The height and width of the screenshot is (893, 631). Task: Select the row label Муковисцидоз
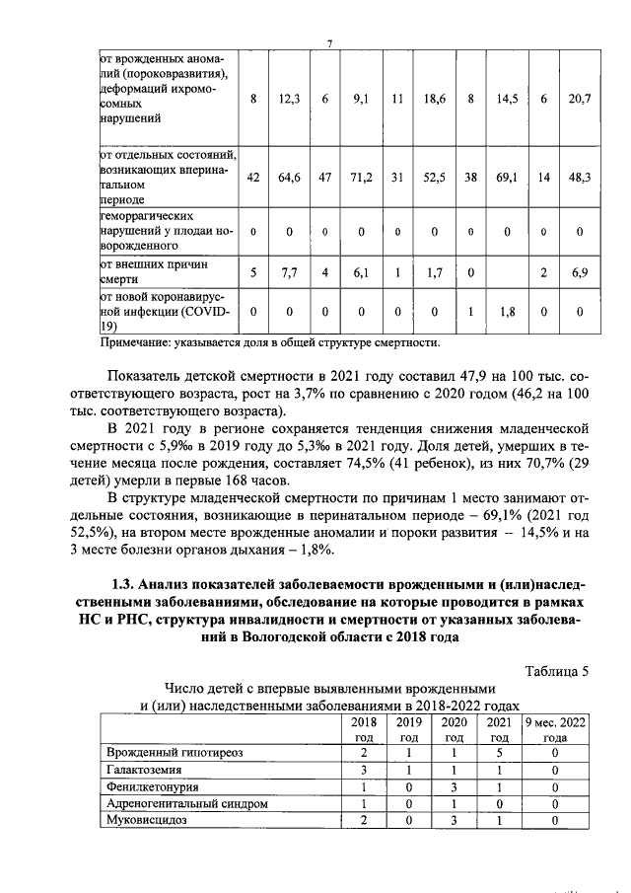pyautogui.click(x=145, y=820)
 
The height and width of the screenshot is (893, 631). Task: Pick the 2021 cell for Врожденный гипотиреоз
pyautogui.click(x=500, y=753)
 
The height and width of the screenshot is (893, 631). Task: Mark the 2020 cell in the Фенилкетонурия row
pyautogui.click(x=455, y=786)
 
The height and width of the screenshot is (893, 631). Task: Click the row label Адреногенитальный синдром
pyautogui.click(x=186, y=803)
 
